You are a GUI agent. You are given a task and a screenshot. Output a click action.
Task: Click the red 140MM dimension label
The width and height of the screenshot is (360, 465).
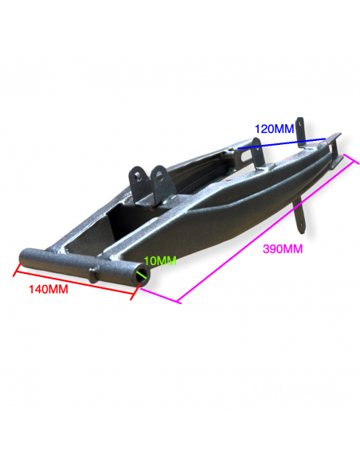click(49, 289)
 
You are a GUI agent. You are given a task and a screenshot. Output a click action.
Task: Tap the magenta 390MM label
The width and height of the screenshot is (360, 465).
click(283, 248)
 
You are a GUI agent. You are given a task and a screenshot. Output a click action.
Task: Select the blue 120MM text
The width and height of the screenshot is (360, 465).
click(274, 129)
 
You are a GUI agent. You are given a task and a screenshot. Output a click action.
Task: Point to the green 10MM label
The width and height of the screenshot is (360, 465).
click(160, 261)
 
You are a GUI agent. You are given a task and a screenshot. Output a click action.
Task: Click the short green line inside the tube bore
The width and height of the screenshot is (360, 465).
click(142, 275)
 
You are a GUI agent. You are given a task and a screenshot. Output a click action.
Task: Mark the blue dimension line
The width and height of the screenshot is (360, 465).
click(282, 143)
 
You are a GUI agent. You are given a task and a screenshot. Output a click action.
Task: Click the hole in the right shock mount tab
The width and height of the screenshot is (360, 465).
click(159, 176)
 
